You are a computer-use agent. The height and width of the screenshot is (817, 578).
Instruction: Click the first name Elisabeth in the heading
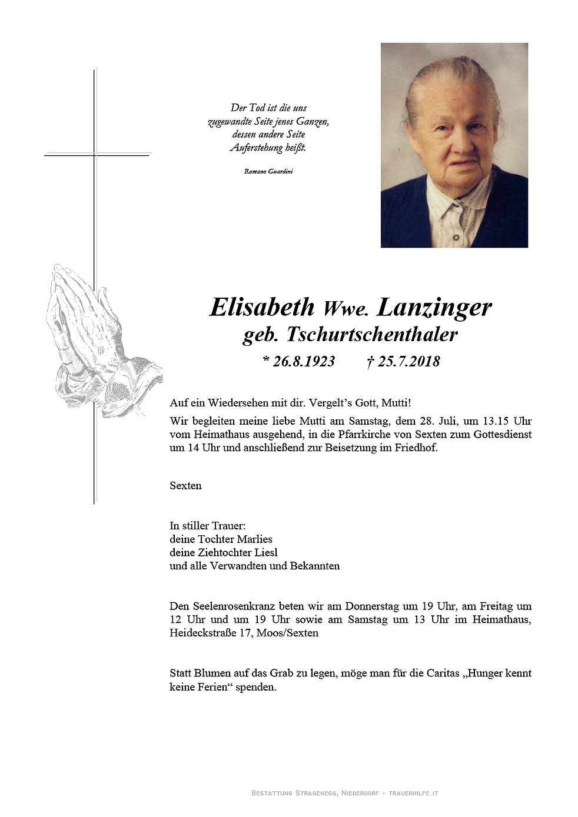pos(262,307)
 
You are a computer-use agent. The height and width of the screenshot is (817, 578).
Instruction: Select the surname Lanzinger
pos(434,307)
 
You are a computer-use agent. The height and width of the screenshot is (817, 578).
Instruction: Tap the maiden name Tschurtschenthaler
pos(372,335)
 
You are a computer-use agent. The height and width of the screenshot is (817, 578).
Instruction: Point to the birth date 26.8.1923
pos(303,361)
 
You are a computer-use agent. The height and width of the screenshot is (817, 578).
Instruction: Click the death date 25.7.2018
pos(408,361)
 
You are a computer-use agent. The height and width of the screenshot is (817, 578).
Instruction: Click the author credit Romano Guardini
pos(268,171)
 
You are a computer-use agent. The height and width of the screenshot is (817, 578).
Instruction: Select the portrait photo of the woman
pos(454,145)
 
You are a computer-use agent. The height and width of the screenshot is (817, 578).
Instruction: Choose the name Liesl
pos(266,552)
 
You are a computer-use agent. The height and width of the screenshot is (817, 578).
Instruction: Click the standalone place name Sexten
pos(185,485)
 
